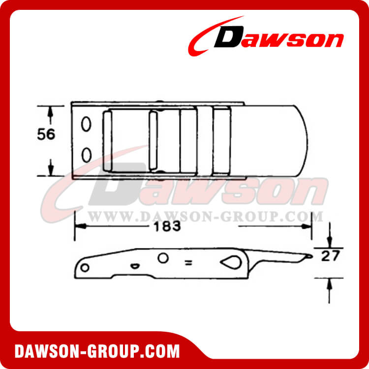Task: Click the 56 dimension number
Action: [46, 134]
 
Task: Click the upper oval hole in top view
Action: [87, 124]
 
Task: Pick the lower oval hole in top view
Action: [87, 154]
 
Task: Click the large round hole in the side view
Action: [163, 258]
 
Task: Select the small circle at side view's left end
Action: [85, 267]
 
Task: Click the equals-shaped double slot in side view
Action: [188, 263]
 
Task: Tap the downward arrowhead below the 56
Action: [50, 170]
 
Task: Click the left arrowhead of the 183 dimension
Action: [79, 227]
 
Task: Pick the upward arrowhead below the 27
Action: [329, 282]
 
